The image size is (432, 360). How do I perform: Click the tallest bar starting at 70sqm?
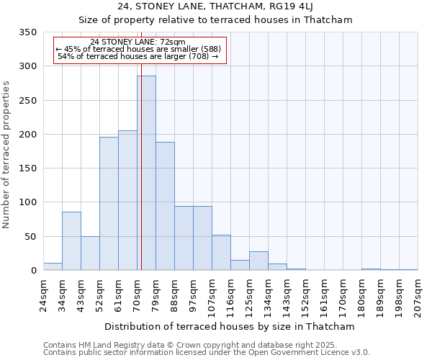[146, 173]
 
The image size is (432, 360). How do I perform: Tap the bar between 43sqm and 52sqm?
[90, 253]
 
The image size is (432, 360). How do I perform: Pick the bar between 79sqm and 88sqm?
[165, 206]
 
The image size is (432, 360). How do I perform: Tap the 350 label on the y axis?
[27, 32]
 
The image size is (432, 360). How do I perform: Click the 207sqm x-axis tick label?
[418, 296]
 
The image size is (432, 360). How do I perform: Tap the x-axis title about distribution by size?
[230, 327]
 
